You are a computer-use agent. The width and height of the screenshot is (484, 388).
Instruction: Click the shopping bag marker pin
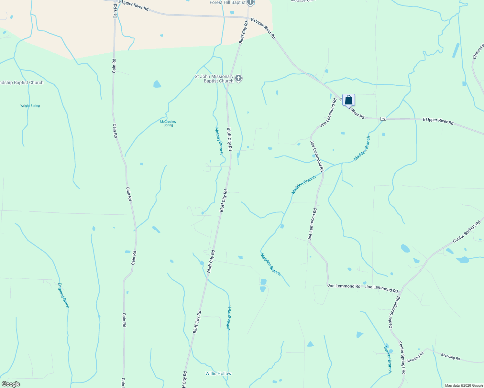348,100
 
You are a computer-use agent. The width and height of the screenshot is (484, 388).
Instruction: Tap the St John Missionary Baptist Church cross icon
238,78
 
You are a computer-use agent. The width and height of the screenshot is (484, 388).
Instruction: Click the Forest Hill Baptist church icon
250,3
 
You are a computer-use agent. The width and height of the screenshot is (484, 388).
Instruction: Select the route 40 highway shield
383,119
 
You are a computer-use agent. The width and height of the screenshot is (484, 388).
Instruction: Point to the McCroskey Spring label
168,123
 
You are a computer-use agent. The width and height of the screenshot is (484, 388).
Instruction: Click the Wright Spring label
30,106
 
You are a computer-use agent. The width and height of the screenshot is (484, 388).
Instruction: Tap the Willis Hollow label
218,373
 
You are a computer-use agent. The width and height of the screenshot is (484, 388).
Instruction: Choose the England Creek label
63,295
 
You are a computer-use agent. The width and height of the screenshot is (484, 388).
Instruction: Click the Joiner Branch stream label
229,318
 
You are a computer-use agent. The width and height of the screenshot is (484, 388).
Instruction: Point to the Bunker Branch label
388,359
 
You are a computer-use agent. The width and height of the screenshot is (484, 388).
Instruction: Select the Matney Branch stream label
219,141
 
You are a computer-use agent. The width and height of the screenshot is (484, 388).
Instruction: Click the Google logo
11,384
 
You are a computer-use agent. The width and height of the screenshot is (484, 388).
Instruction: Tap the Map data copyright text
464,385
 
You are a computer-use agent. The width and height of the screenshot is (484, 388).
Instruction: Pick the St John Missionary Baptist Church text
214,79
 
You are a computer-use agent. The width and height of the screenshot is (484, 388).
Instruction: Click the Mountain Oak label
302,1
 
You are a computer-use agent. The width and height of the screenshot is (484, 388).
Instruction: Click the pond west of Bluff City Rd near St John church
157,84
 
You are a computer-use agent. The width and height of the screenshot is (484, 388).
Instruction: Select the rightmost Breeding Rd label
450,357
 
